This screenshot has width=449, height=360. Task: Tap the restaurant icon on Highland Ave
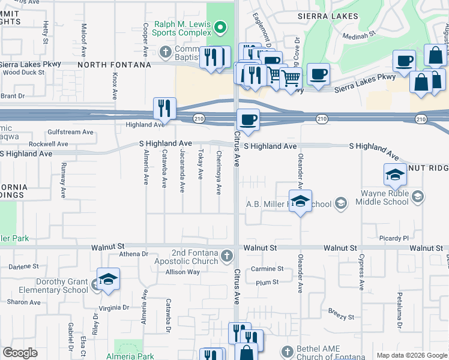coord(164,109)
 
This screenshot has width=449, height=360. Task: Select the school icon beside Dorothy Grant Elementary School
coord(108,280)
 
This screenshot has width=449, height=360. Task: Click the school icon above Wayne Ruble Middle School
coord(395,175)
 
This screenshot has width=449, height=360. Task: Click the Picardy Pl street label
coord(393,238)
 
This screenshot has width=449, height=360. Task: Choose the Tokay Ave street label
coord(201,164)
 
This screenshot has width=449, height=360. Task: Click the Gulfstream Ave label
coord(71,132)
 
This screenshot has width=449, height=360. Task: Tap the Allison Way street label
coord(182,272)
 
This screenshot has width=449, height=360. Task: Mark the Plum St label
coord(267,282)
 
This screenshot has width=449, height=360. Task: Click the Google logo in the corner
coord(20,352)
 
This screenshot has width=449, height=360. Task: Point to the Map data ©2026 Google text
coord(411,355)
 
